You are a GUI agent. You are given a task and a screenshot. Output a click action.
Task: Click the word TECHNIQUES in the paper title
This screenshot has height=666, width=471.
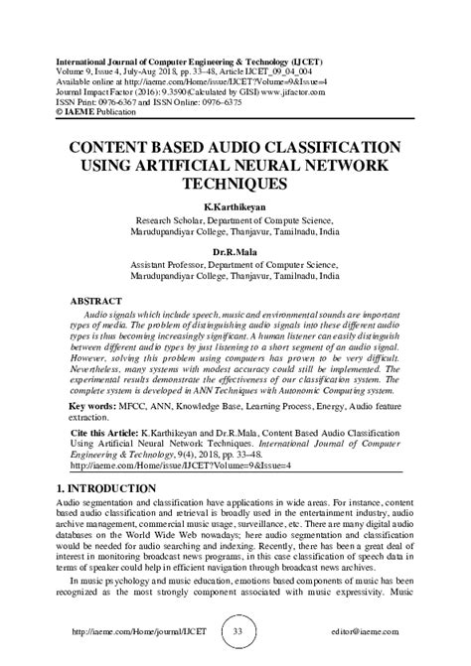(x=235, y=185)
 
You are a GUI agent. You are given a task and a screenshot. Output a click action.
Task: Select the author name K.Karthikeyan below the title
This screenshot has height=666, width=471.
(x=235, y=206)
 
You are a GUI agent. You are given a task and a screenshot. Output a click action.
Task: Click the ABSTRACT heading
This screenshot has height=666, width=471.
(x=97, y=300)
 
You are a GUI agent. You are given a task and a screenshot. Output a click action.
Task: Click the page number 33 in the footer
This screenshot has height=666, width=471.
(x=235, y=632)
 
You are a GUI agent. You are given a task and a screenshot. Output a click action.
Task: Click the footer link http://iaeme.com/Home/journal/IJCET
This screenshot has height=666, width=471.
(x=131, y=632)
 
